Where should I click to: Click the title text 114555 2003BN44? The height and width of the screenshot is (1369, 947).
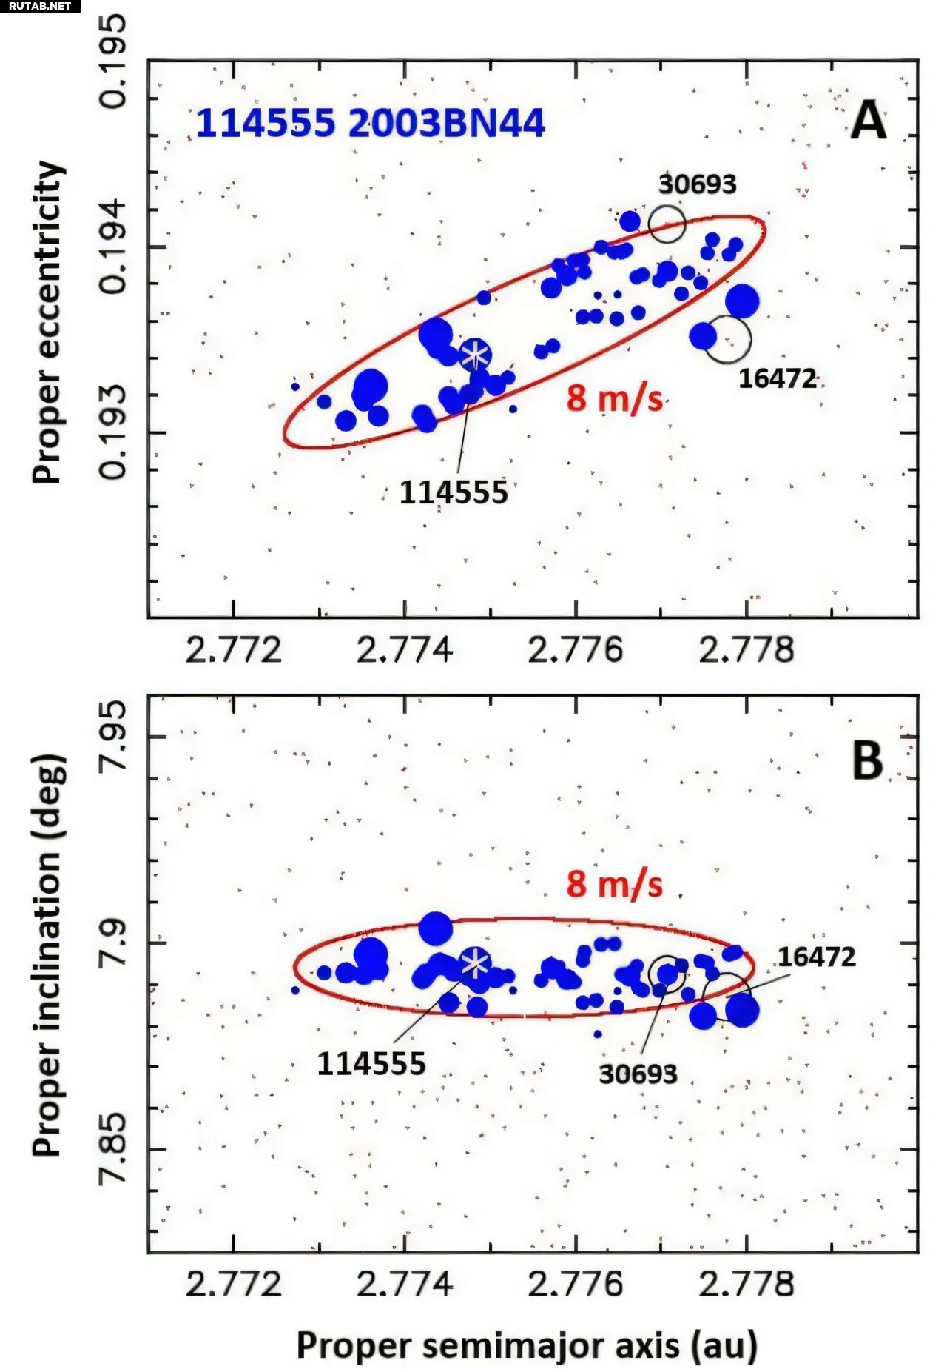(370, 123)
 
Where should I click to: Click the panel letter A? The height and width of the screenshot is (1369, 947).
(868, 120)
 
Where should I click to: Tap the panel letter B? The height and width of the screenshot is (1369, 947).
(867, 760)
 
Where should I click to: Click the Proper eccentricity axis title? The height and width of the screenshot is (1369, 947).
(48, 322)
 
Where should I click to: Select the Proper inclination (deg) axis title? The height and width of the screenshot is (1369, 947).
(48, 955)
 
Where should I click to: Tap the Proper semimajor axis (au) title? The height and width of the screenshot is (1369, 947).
(527, 1345)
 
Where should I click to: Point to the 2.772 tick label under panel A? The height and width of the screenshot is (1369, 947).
(234, 650)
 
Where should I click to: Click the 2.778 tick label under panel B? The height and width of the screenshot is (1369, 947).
(746, 1284)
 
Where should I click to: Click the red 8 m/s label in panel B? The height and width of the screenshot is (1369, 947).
(614, 884)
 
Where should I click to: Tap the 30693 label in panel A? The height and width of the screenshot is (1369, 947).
(697, 184)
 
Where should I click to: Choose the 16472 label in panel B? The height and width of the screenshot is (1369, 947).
(816, 957)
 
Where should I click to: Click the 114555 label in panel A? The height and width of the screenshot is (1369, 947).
(454, 492)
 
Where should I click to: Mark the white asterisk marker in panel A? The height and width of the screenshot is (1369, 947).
(475, 355)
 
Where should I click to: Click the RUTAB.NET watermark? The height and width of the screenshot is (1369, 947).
(40, 6)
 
